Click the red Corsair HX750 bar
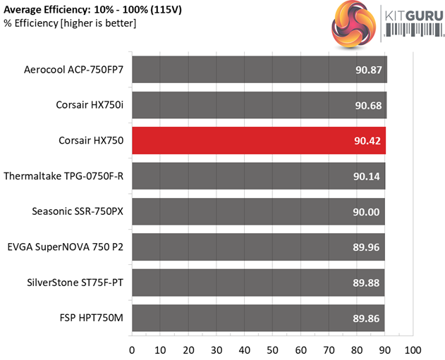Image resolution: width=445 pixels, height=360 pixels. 258,140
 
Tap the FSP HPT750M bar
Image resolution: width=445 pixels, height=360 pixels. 258,318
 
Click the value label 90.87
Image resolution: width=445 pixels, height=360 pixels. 367,69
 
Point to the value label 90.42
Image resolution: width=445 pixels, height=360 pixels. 367,140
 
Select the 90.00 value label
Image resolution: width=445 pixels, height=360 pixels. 367,211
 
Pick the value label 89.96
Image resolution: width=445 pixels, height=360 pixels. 367,247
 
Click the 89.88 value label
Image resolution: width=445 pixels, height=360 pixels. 367,283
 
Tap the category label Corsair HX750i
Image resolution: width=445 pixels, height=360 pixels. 90,105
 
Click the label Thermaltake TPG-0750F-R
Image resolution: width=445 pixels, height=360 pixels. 63,176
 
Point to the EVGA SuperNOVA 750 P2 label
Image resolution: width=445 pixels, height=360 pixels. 65,247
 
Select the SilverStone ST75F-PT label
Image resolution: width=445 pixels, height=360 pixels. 74,283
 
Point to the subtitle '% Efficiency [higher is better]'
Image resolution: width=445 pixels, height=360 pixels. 68,24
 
